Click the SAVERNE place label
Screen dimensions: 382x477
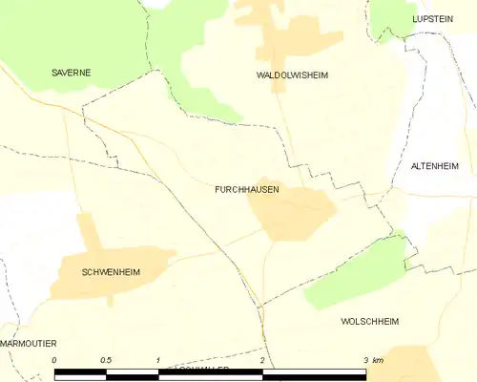[x=71, y=73]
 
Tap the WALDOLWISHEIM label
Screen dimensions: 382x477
[x=292, y=74]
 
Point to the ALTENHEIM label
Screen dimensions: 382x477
[x=435, y=166]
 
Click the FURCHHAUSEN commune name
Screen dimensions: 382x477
[x=247, y=189]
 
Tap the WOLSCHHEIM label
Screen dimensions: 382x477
[x=375, y=322]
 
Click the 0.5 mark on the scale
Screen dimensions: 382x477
[x=106, y=360]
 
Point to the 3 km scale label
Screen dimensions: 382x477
[x=373, y=360]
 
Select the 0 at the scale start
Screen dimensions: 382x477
[x=54, y=360]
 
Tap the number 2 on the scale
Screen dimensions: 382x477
[x=261, y=360]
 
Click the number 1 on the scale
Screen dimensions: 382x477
[x=158, y=360]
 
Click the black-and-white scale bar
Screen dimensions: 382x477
[x=210, y=372]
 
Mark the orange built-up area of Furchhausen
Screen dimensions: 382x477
[x=291, y=212]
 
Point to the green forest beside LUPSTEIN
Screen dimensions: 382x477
[x=391, y=17]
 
